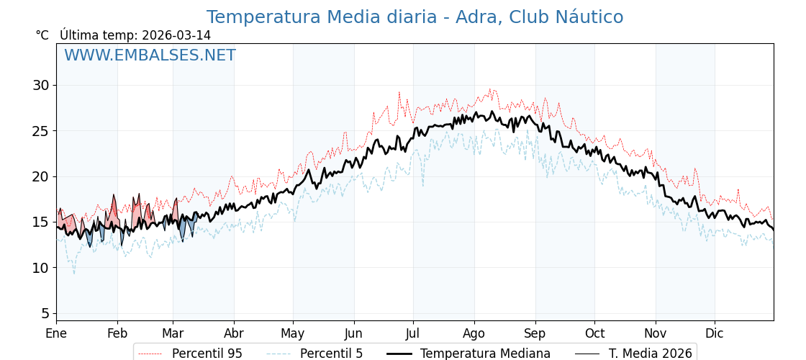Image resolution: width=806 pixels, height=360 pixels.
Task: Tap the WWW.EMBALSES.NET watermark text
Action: tap(150, 55)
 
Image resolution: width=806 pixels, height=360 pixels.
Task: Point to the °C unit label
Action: tap(42, 35)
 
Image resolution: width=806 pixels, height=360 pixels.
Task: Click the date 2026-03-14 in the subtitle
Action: tap(176, 35)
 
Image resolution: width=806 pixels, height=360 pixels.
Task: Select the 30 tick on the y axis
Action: tap(40, 85)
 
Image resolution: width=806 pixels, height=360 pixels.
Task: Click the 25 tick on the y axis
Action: tap(40, 131)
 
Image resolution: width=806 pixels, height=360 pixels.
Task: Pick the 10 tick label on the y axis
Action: tap(40, 268)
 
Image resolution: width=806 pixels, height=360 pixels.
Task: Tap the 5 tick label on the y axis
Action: tap(45, 313)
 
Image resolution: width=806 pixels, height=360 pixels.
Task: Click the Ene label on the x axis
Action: tap(56, 333)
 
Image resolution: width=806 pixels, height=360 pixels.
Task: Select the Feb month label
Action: tap(117, 333)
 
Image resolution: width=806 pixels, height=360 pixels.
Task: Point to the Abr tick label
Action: tap(234, 333)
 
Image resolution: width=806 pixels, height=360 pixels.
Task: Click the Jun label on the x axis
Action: tap(353, 333)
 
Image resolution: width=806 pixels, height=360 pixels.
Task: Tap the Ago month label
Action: tap(474, 333)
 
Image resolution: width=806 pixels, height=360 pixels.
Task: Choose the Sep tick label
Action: tap(535, 333)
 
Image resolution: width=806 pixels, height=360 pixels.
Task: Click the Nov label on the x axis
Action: tap(656, 333)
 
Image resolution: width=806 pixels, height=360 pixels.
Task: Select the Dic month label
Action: tap(715, 333)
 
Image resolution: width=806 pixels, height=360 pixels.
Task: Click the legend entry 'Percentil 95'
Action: tap(207, 354)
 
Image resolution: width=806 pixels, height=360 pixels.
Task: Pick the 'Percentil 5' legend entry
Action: tap(331, 354)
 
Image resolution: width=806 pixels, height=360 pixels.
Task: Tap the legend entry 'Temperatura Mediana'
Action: tap(485, 354)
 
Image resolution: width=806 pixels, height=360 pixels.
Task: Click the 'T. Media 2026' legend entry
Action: tap(650, 354)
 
